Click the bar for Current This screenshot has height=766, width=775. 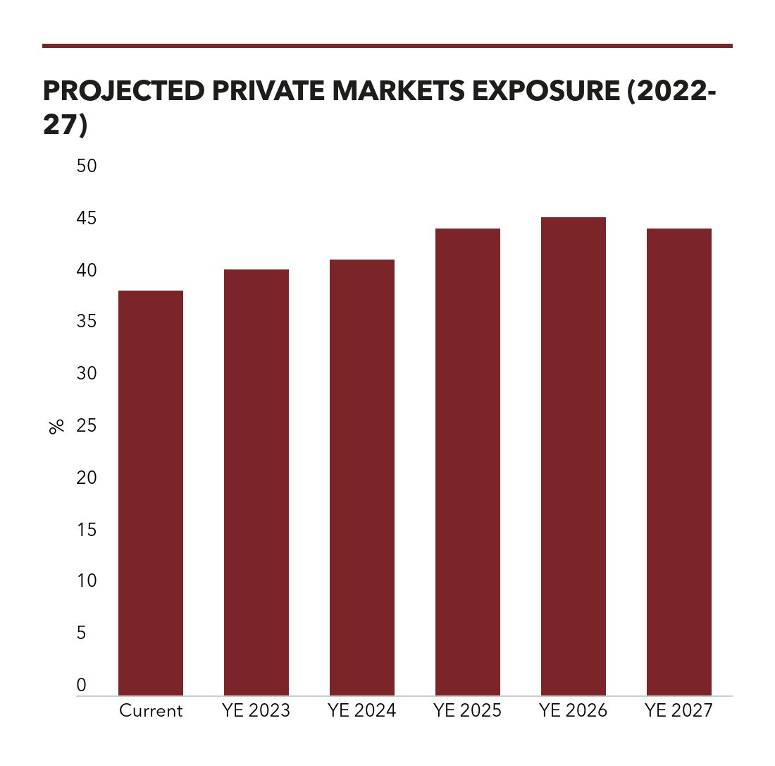tap(151, 493)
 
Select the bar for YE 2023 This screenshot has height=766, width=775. tap(256, 482)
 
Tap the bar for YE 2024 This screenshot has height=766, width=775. tap(362, 478)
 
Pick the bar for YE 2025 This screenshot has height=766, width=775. tap(468, 462)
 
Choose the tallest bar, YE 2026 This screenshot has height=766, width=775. tap(573, 456)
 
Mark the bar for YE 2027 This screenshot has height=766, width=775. tap(679, 462)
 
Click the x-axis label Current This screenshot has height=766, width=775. tap(151, 710)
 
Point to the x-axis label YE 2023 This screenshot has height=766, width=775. tap(256, 710)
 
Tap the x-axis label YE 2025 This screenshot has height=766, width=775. tap(468, 710)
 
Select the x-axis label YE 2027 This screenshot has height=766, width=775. tap(679, 710)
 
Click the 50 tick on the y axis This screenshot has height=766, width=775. tap(86, 166)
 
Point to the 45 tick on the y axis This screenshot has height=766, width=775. tap(86, 219)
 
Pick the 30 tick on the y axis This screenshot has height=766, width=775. tap(86, 374)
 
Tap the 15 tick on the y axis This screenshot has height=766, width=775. tap(86, 530)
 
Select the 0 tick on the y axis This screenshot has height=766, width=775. tap(81, 685)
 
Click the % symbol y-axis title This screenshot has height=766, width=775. tap(56, 426)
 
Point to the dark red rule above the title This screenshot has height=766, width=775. tap(387, 46)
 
